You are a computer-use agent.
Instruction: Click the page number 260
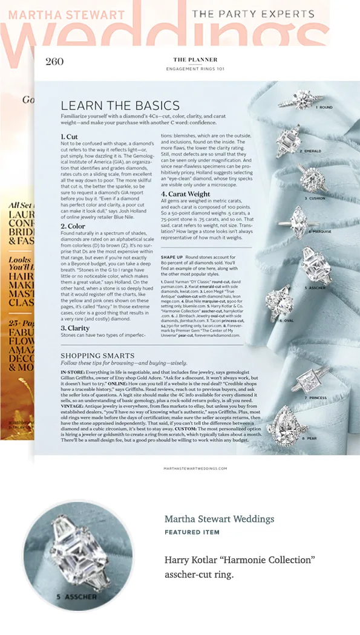(x=54, y=62)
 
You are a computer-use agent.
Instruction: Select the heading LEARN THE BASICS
(x=120, y=105)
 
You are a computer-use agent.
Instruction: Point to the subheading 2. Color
(x=73, y=226)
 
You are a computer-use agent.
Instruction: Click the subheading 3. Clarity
(x=75, y=328)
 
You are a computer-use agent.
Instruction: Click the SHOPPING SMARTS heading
(x=97, y=355)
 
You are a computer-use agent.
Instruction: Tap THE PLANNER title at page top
(x=187, y=60)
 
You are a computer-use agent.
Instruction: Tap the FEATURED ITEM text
(x=192, y=532)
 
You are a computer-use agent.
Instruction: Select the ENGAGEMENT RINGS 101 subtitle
(x=187, y=69)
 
